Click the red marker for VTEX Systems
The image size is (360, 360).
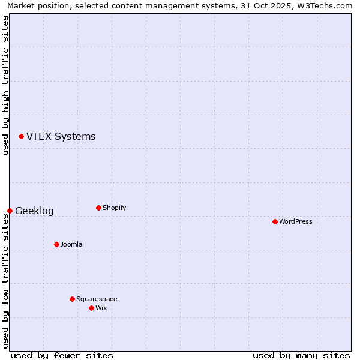tap(21, 137)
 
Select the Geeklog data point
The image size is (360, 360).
tap(10, 211)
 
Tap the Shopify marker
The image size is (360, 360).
tap(98, 208)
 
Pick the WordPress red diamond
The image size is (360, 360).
tap(275, 221)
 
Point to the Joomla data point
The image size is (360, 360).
tap(56, 244)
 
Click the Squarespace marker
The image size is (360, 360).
tap(72, 299)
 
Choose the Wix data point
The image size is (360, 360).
tap(91, 308)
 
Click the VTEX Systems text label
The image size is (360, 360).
tap(61, 137)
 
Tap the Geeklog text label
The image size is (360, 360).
tap(34, 211)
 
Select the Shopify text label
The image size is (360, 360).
tap(114, 208)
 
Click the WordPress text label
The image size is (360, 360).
tap(295, 222)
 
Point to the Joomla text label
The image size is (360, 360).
tap(71, 245)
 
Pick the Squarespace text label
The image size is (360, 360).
tap(97, 299)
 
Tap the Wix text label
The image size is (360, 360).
tap(101, 308)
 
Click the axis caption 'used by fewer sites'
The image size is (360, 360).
tap(62, 355)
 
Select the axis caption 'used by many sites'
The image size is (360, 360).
tap(301, 355)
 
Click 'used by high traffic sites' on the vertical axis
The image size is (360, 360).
tap(5, 85)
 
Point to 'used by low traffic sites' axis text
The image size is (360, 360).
tap(5, 281)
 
